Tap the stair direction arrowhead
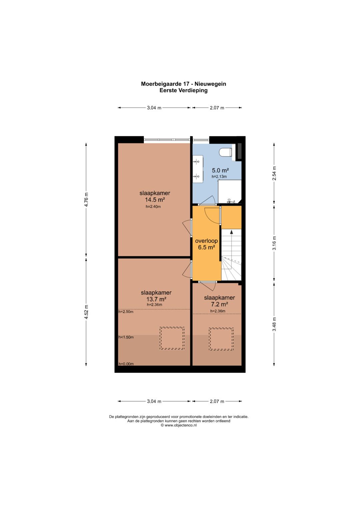(x=231, y=232)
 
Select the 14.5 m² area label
(x=155, y=200)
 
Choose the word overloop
(x=206, y=241)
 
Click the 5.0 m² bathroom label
(x=220, y=170)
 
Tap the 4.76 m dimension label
(x=86, y=199)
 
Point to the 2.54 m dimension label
(x=274, y=173)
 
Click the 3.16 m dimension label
(x=274, y=243)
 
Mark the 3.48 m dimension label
(x=274, y=324)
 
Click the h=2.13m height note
(x=219, y=176)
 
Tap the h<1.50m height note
(x=126, y=337)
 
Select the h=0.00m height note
(x=126, y=364)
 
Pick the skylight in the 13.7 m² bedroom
(x=172, y=338)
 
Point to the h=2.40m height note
(x=153, y=207)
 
